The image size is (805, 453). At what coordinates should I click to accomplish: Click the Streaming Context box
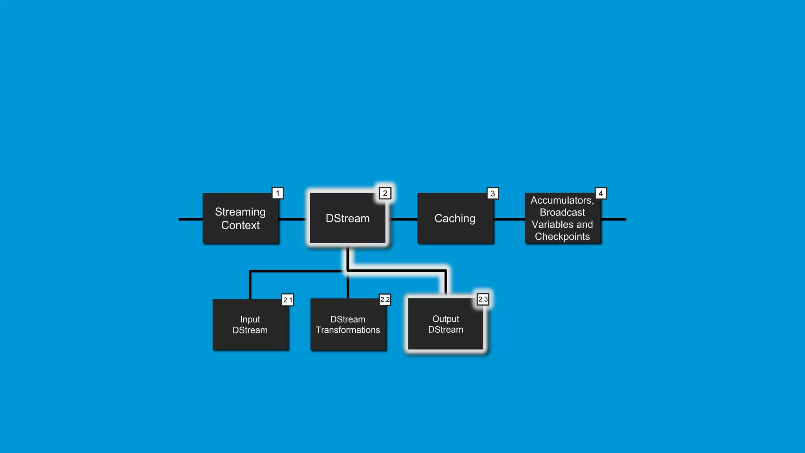241,218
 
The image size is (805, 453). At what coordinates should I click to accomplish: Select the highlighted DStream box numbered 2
347,218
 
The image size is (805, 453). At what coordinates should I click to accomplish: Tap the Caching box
455,218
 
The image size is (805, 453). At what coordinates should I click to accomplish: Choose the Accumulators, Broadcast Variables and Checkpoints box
562,219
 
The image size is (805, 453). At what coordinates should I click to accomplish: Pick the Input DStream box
250,324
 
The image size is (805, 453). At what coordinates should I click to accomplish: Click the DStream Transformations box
348,324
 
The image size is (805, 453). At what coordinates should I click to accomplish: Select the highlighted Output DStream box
445,324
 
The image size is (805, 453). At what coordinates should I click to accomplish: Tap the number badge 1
278,193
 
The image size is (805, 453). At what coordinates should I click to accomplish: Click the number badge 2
385,193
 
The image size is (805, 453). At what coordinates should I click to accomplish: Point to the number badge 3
493,193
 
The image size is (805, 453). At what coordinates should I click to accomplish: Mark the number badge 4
601,193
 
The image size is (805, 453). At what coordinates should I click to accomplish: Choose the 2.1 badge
288,300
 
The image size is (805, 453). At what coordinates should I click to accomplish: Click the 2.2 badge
385,300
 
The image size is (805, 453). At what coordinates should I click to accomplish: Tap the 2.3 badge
483,299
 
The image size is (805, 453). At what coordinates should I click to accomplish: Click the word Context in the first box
241,225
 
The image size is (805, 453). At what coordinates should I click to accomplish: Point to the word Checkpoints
562,237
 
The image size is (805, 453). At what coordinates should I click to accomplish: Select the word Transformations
348,330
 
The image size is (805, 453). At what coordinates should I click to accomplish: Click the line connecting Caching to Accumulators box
509,219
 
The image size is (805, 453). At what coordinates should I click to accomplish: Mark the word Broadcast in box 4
562,212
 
